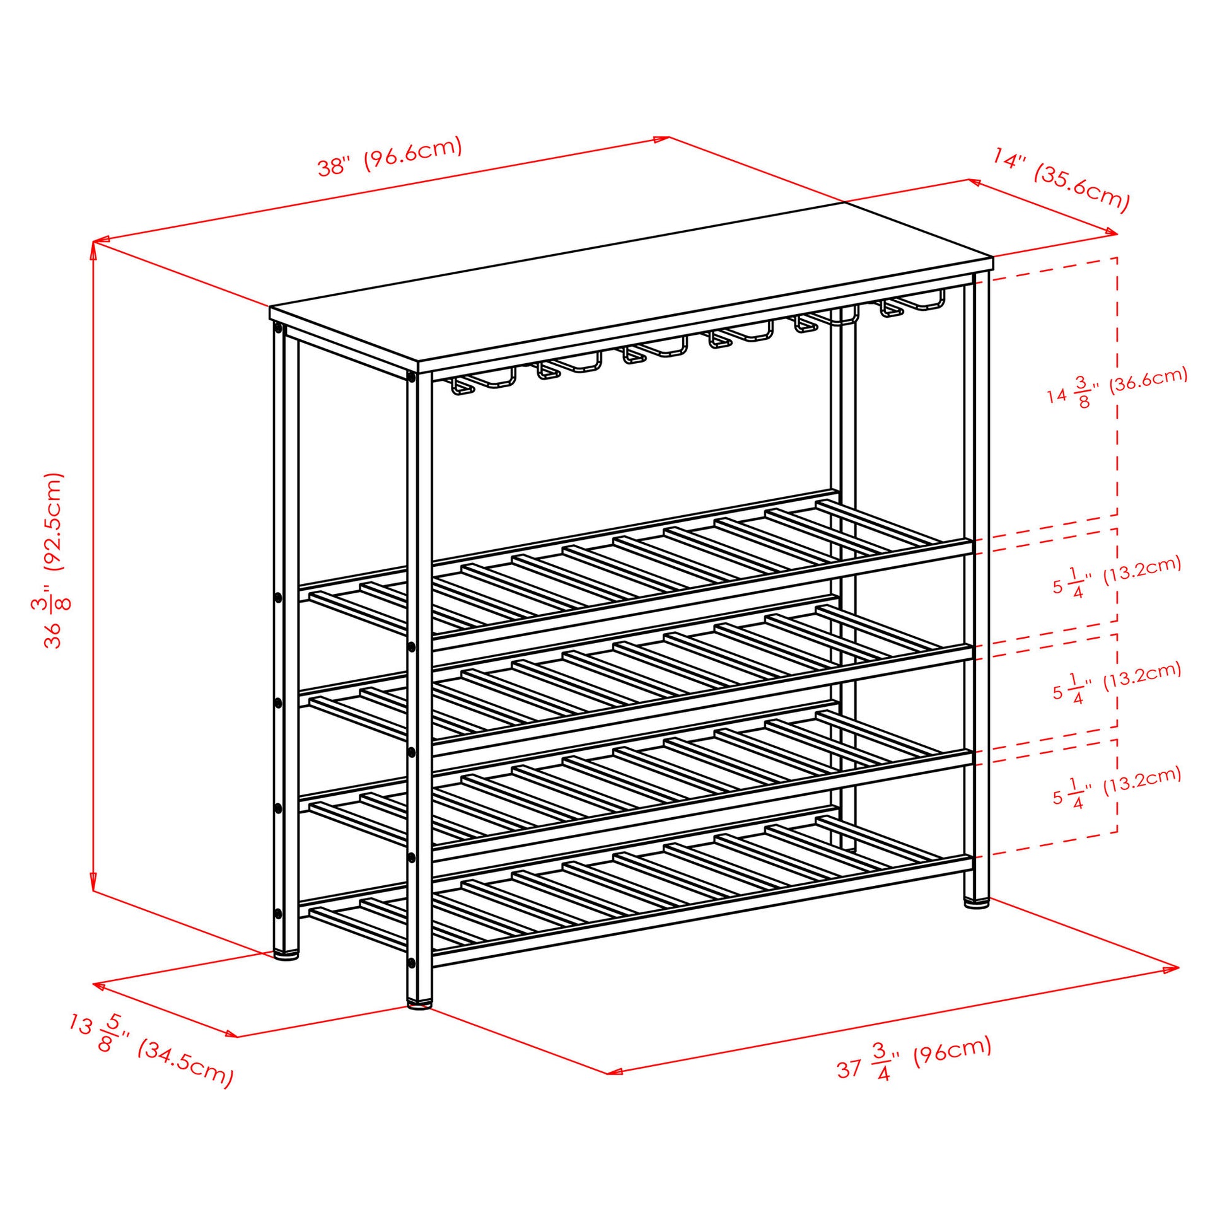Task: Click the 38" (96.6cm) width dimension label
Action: click(389, 157)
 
